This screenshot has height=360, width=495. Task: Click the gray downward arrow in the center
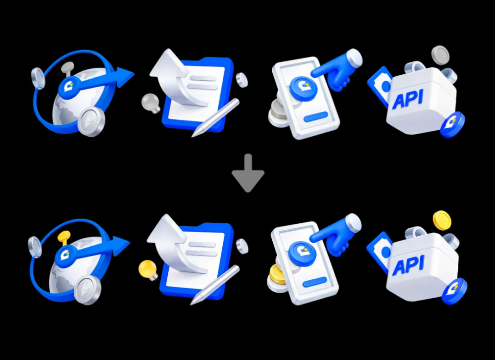pyautogui.click(x=248, y=173)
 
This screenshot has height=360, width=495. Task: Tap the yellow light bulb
pyautogui.click(x=148, y=269)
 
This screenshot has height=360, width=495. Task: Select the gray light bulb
pyautogui.click(x=151, y=103)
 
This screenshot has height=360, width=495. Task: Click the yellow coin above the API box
pyautogui.click(x=442, y=220)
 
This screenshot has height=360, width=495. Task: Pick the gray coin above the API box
pyautogui.click(x=440, y=55)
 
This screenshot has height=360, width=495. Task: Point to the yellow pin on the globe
pyautogui.click(x=64, y=237)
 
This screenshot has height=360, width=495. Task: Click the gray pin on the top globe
pyautogui.click(x=67, y=68)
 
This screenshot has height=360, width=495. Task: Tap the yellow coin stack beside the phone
pyautogui.click(x=276, y=274)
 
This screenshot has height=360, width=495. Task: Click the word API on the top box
pyautogui.click(x=407, y=99)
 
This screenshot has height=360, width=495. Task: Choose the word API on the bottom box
pyautogui.click(x=407, y=265)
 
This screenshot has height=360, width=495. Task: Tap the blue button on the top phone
pyautogui.click(x=316, y=116)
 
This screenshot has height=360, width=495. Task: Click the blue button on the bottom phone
pyautogui.click(x=315, y=282)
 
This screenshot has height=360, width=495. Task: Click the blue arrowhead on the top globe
pyautogui.click(x=125, y=77)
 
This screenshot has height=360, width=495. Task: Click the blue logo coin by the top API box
pyautogui.click(x=452, y=125)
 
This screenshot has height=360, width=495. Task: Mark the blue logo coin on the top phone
pyautogui.click(x=303, y=87)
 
